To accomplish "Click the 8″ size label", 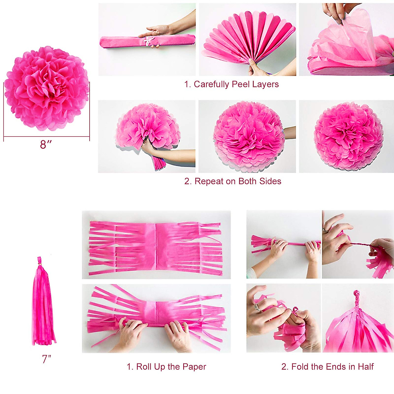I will click(x=46, y=144).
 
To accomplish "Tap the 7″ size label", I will click(x=47, y=359).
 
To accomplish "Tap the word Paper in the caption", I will click(x=194, y=367).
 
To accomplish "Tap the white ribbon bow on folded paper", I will click(x=150, y=41).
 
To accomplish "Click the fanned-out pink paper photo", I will click(x=248, y=39).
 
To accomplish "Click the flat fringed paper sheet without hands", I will click(x=156, y=245).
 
